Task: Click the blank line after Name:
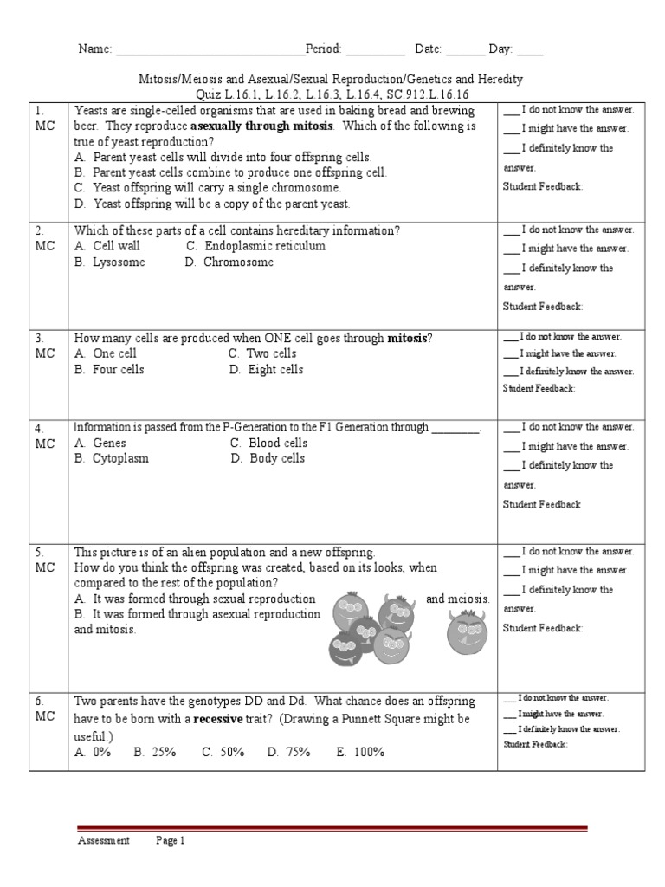[x=210, y=50]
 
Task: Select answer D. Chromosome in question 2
[x=229, y=262]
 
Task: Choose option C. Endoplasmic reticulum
[x=255, y=246]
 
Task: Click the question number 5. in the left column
[x=40, y=552]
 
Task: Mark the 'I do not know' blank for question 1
[x=511, y=110]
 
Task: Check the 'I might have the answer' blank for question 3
[x=510, y=353]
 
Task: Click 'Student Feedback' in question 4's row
[x=541, y=504]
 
